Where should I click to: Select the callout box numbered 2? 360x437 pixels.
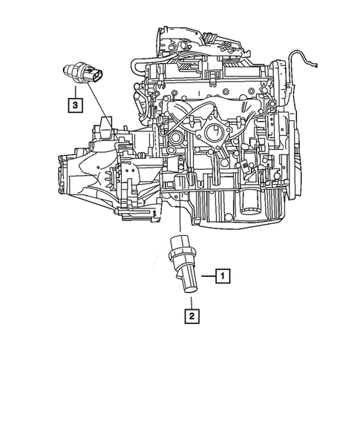tap(192, 317)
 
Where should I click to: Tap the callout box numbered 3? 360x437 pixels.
tap(75, 105)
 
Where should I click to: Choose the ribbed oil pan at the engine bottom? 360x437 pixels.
tap(230, 208)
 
